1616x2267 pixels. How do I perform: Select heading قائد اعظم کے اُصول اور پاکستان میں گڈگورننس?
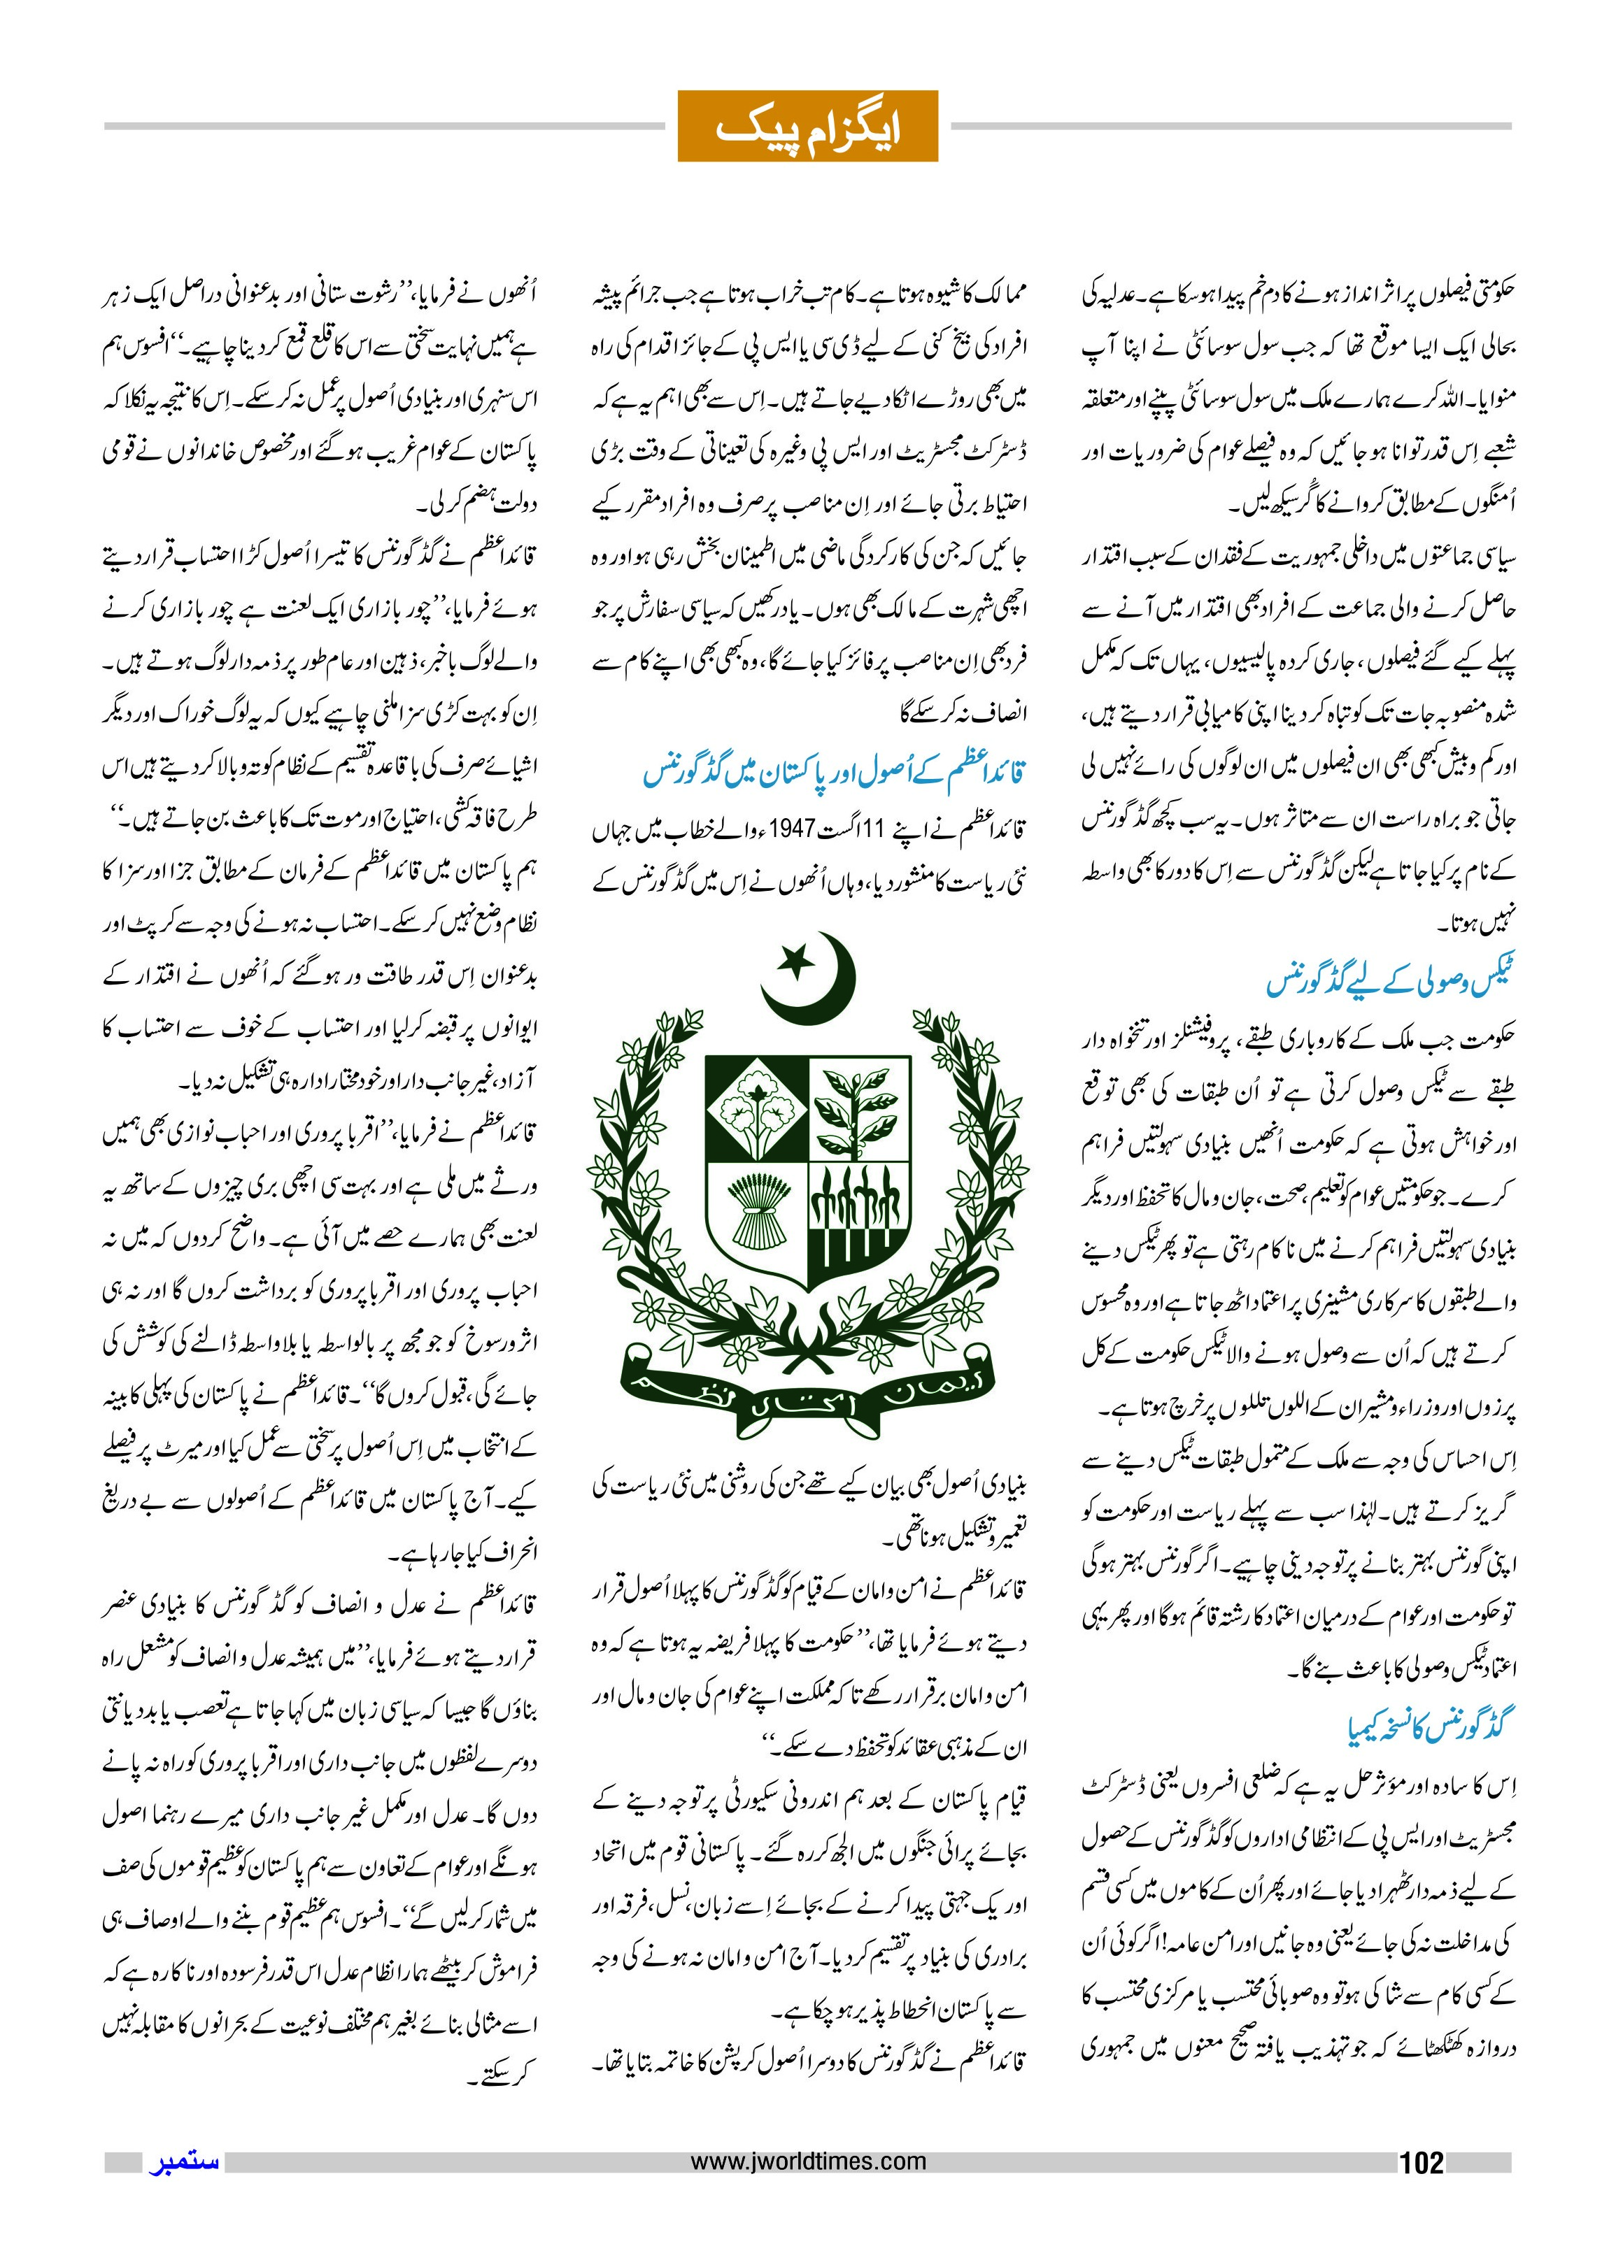coord(834,772)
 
